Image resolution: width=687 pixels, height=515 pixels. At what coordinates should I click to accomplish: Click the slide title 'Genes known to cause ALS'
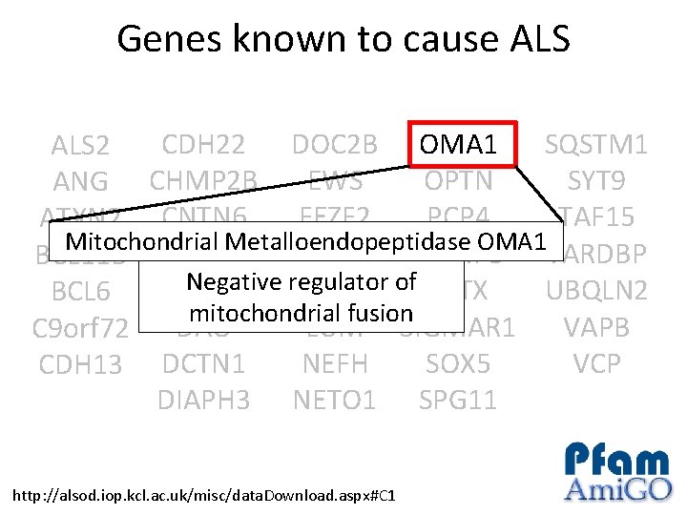click(343, 40)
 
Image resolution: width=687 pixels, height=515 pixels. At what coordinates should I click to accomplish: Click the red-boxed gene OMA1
click(459, 145)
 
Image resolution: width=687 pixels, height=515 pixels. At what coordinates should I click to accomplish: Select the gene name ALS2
click(81, 147)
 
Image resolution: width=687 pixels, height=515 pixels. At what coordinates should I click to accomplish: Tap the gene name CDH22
click(203, 145)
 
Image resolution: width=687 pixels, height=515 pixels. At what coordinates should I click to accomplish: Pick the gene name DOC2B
click(334, 145)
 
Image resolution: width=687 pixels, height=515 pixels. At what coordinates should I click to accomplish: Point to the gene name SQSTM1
click(595, 145)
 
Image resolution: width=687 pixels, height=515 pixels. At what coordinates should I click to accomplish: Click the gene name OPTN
click(458, 180)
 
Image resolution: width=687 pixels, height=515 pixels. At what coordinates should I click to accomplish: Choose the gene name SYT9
click(596, 180)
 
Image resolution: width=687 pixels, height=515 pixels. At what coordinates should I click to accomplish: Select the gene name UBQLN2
click(596, 291)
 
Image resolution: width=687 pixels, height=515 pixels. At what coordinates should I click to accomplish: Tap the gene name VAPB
click(596, 327)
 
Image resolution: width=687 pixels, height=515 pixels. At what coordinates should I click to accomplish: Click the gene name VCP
click(596, 363)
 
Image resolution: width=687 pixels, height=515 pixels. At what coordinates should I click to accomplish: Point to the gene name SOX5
click(458, 363)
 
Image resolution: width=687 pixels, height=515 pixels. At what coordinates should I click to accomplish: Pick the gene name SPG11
click(458, 400)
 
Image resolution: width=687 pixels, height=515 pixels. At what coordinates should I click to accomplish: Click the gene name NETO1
click(334, 400)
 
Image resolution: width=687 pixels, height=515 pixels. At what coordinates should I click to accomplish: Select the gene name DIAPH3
click(203, 400)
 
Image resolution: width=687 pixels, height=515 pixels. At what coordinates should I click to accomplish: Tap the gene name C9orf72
click(81, 329)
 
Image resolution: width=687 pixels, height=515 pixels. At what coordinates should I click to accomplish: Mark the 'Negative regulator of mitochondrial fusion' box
click(301, 297)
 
